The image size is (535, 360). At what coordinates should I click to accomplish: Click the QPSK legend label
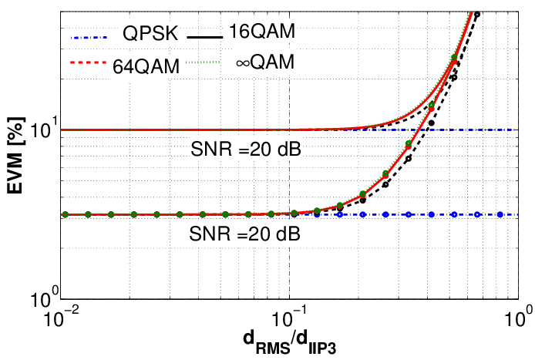[x=151, y=35]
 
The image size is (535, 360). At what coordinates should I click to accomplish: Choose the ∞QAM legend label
[x=264, y=62]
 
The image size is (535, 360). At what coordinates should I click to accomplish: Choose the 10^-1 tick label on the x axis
[x=290, y=317]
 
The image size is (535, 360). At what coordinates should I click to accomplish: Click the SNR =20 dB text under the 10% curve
[x=245, y=150]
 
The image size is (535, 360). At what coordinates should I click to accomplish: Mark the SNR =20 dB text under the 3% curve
[x=245, y=233]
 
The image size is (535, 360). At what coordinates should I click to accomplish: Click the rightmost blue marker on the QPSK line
[x=500, y=214]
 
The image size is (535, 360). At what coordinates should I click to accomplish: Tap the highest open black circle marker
[x=477, y=15]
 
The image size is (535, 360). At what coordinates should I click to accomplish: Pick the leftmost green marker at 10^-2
[x=66, y=214]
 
